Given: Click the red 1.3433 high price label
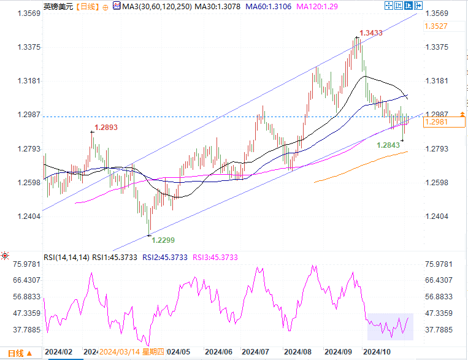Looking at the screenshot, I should point(370,33).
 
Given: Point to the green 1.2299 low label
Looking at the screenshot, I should point(163,240).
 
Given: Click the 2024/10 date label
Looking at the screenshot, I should point(377,352).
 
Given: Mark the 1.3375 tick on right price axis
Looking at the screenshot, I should point(437,47).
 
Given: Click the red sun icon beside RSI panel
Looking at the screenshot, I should point(5,255).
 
